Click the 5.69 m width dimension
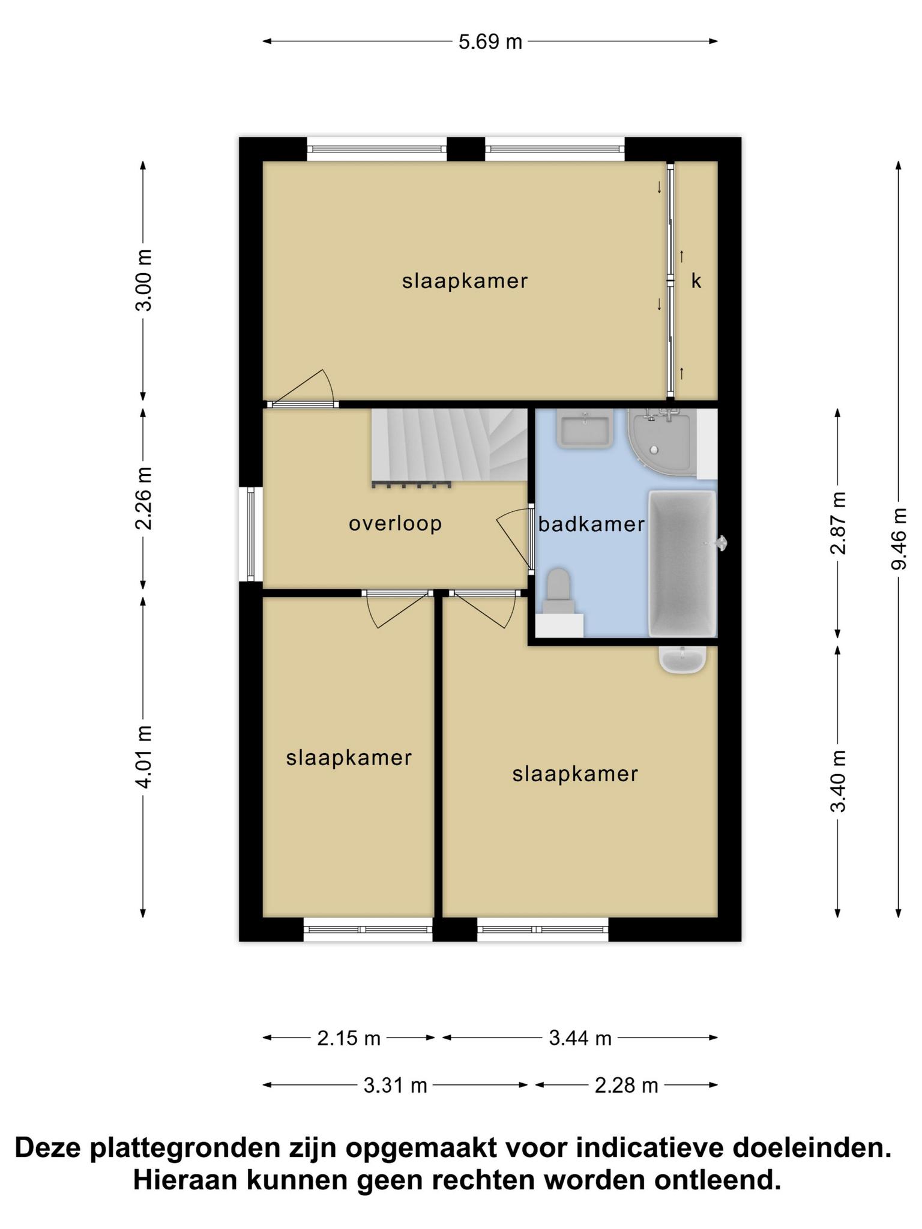[490, 42]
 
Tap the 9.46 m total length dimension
[899, 539]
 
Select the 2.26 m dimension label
[143, 498]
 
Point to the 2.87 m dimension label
[838, 523]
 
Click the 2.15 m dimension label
[349, 1038]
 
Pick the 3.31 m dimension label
[395, 1086]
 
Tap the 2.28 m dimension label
[627, 1086]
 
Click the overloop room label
[396, 523]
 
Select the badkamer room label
[591, 524]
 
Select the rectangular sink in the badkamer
[585, 428]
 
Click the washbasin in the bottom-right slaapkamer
[682, 659]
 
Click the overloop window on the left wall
[251, 534]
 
